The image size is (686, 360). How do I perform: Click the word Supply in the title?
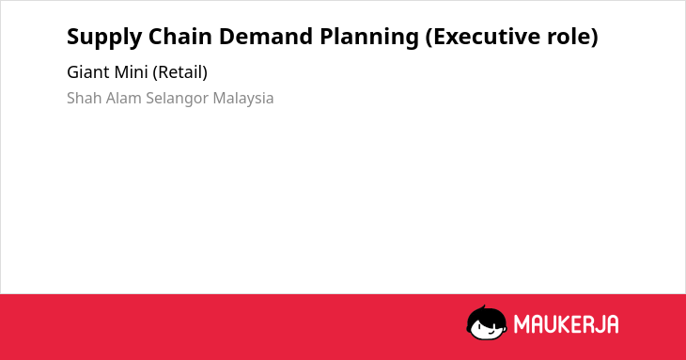point(104,38)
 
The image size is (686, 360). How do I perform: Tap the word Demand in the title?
point(265,37)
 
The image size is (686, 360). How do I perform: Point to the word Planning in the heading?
point(369,38)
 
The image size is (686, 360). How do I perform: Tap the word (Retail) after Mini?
point(179,72)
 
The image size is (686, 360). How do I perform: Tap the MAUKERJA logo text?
point(566,324)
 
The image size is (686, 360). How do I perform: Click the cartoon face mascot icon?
point(487,322)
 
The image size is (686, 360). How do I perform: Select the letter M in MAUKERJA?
point(522,324)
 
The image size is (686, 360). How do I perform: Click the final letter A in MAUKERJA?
point(612,324)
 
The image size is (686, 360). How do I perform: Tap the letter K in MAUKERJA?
point(564,324)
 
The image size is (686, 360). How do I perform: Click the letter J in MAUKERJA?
point(599,324)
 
